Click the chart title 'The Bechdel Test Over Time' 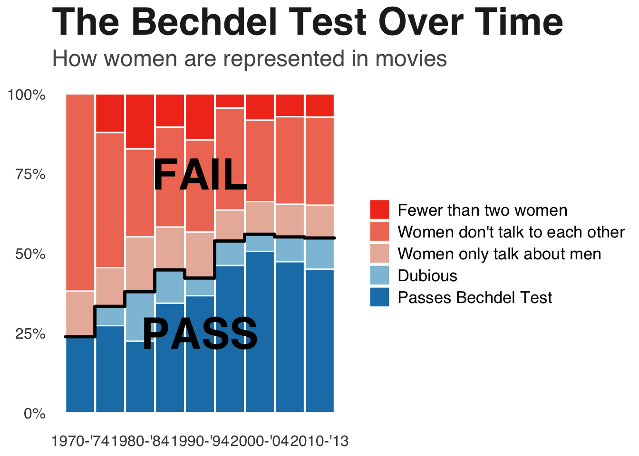coord(307,22)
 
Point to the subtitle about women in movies coord(250,59)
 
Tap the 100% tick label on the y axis coord(27,95)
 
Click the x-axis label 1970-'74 coord(80,441)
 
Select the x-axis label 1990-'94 coord(200,441)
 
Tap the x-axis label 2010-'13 coord(319,441)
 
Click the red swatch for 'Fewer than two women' coord(379,210)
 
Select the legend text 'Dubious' coord(427,275)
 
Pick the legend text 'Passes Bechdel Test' coord(475,297)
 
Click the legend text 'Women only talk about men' coord(499,254)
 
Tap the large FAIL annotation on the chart coord(200,175)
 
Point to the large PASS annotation coord(200,334)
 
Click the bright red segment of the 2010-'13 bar coord(319,105)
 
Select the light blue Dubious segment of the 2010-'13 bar coord(319,254)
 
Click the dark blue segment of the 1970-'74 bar coord(80,375)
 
